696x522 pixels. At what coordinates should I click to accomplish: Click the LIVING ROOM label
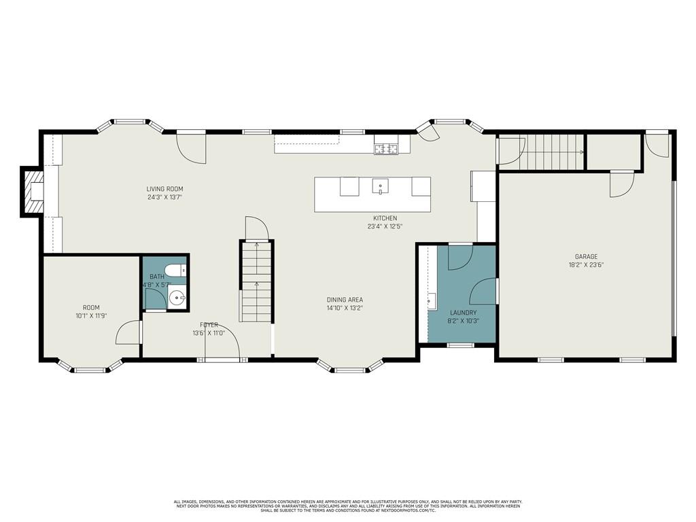[164, 189]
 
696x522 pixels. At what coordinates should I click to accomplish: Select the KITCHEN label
[385, 218]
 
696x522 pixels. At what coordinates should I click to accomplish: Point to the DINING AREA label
[344, 300]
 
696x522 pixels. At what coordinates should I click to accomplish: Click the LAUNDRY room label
[462, 313]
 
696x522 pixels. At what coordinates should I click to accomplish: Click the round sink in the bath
[178, 296]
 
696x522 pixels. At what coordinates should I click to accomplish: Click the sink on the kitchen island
[380, 186]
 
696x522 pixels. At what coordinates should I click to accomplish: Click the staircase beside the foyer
[256, 281]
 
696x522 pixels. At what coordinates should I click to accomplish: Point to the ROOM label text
[91, 308]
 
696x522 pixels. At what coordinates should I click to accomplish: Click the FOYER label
[209, 325]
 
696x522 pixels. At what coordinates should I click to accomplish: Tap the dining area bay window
[349, 369]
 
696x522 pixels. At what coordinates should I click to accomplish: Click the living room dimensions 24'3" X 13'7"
[164, 197]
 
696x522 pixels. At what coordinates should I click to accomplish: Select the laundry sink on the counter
[431, 300]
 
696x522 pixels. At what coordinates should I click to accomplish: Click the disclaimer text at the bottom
[348, 506]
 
